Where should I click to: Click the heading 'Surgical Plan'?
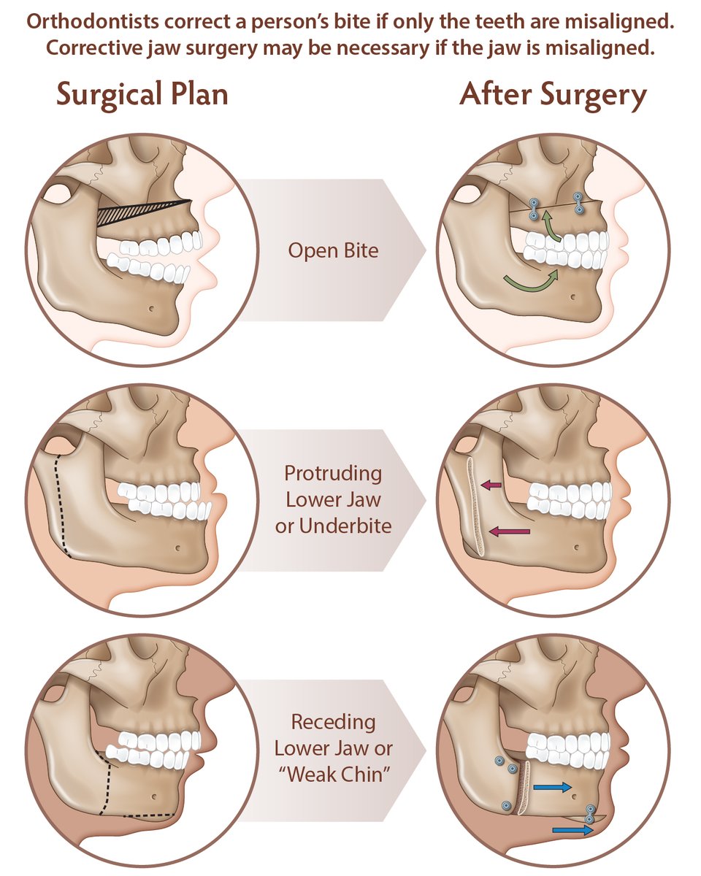tap(142, 96)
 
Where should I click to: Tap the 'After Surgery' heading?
tap(553, 96)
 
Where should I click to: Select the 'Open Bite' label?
tap(333, 251)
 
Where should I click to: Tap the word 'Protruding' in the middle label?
tap(333, 474)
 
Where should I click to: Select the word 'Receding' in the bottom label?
tap(333, 723)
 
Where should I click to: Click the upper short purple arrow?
tap(491, 483)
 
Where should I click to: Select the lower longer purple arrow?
tap(508, 532)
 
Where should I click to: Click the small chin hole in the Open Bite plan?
tap(151, 308)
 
